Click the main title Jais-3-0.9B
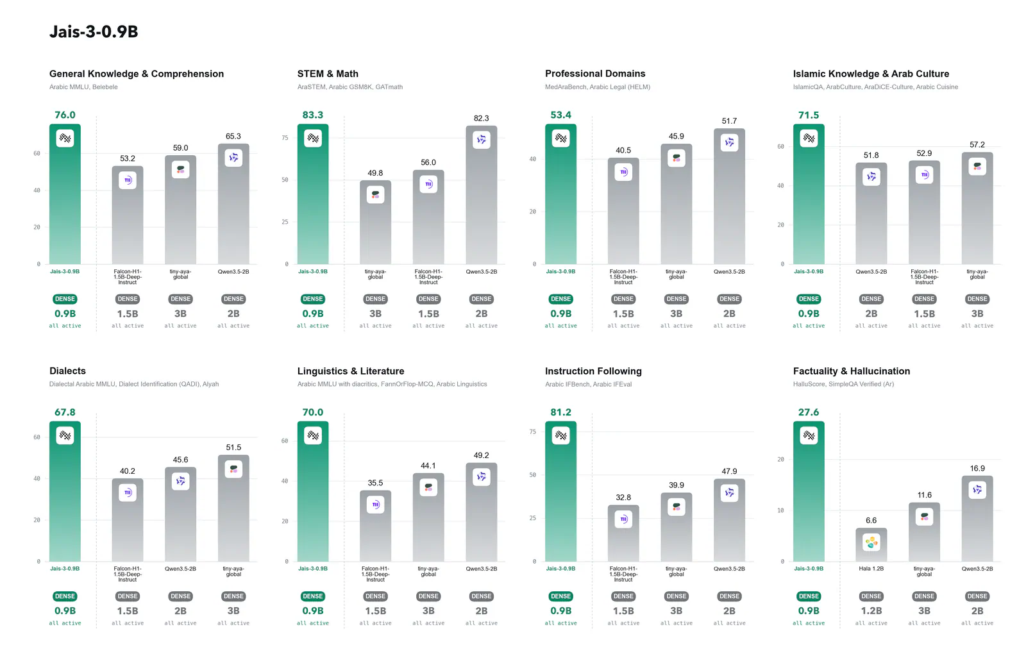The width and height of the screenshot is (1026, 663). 94,31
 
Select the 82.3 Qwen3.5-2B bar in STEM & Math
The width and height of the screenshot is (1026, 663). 481,194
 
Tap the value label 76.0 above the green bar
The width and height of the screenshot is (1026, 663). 65,115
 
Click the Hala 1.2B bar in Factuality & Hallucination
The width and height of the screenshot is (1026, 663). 871,544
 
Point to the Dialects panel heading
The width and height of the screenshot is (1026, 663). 67,371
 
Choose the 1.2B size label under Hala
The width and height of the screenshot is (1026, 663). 871,611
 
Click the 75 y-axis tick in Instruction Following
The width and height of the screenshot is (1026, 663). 532,432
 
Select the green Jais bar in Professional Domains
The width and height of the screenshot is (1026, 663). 560,194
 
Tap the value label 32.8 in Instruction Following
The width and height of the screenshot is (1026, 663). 623,498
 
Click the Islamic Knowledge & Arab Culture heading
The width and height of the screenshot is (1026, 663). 871,74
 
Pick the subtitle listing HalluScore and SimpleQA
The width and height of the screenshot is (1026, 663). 843,384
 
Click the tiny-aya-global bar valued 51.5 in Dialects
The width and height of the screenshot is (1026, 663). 233,508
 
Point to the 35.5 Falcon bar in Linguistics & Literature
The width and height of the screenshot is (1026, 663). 375,526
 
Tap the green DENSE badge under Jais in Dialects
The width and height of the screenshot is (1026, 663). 65,596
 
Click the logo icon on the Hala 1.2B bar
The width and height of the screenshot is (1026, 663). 871,542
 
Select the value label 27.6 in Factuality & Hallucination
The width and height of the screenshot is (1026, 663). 809,412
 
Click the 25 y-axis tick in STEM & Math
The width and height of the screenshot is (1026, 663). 285,222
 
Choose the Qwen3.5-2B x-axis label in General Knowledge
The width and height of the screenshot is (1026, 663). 233,271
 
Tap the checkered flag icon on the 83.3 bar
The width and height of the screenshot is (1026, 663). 313,138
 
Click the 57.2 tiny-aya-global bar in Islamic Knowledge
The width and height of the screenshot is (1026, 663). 977,208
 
